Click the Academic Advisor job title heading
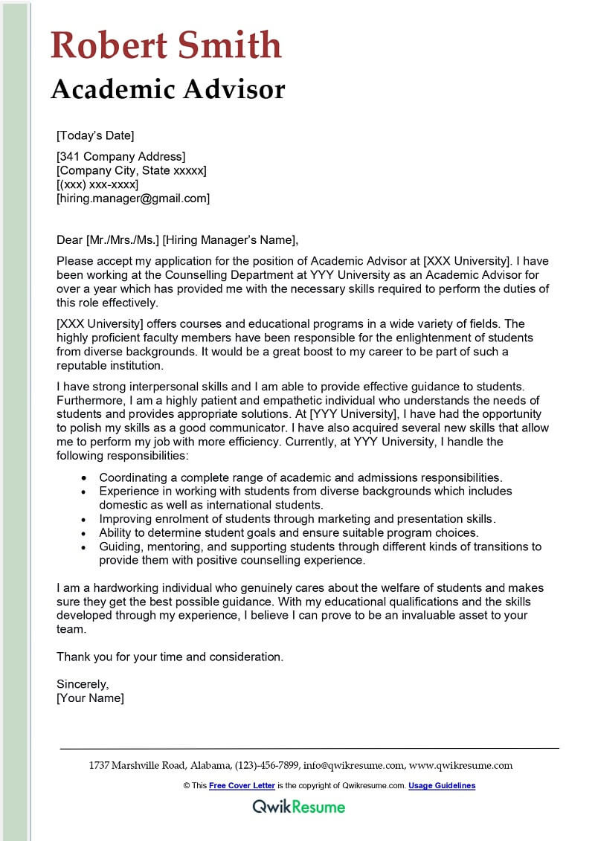point(168,89)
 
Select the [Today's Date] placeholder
point(95,135)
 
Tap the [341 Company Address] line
point(120,156)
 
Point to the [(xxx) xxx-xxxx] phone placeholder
point(97,184)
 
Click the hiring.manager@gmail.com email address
point(133,199)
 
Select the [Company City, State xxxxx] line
point(132,170)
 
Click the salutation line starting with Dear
point(177,239)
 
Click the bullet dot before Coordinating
point(85,477)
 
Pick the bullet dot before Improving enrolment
point(85,519)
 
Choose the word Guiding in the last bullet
point(119,547)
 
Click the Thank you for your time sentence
point(170,657)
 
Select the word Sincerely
point(83,684)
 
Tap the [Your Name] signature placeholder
point(90,698)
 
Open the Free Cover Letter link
point(242,785)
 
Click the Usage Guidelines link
point(441,785)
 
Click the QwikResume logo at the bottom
point(298,806)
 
